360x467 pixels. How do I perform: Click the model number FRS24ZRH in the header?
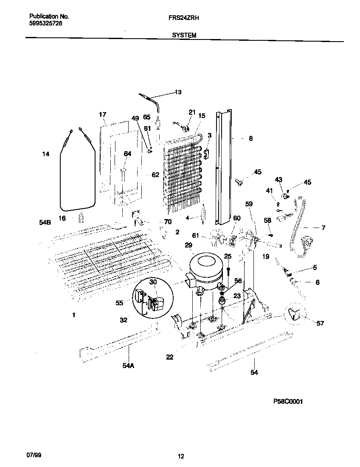coord(184,18)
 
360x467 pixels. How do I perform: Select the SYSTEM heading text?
coord(184,36)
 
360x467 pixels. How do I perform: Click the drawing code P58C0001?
coord(288,401)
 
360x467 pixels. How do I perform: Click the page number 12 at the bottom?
coord(181,456)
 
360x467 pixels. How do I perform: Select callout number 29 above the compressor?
coord(188,245)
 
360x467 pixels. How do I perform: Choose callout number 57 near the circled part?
coord(320,324)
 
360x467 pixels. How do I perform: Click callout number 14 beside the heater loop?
coord(45,154)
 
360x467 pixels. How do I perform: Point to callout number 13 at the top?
coord(178,92)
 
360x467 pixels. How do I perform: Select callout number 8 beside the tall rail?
coord(251,138)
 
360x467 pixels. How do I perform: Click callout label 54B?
coord(45,222)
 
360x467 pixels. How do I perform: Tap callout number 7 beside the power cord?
coord(323,228)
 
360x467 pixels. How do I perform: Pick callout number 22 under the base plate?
coord(169,357)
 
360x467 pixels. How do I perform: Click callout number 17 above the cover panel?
coord(102,115)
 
